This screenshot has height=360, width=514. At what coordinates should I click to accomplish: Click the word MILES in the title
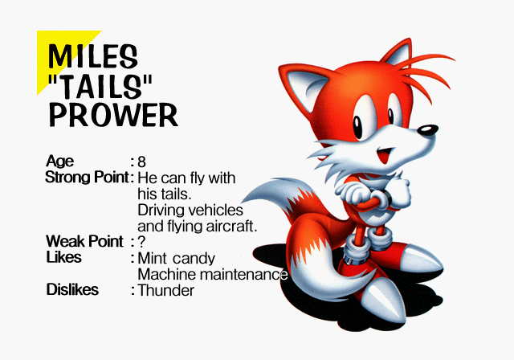pos(93,55)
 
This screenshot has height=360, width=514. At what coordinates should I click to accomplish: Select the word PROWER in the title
pos(113,115)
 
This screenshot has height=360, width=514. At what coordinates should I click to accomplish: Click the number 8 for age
pos(142,162)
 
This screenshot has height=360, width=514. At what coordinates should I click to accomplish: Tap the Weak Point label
pos(84,241)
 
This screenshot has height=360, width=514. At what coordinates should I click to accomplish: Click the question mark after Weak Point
pos(141,241)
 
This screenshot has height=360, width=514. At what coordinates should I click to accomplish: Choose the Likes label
pos(63,257)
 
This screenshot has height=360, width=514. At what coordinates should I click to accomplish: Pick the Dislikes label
pos(72,289)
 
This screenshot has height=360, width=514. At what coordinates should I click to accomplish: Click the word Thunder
pos(166,290)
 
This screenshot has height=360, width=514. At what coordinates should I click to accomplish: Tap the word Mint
pos(153,258)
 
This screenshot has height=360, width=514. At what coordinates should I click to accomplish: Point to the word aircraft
pos(230,226)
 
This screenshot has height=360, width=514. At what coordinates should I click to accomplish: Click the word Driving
pos(161,210)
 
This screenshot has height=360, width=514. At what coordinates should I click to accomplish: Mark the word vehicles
pos(214,210)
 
